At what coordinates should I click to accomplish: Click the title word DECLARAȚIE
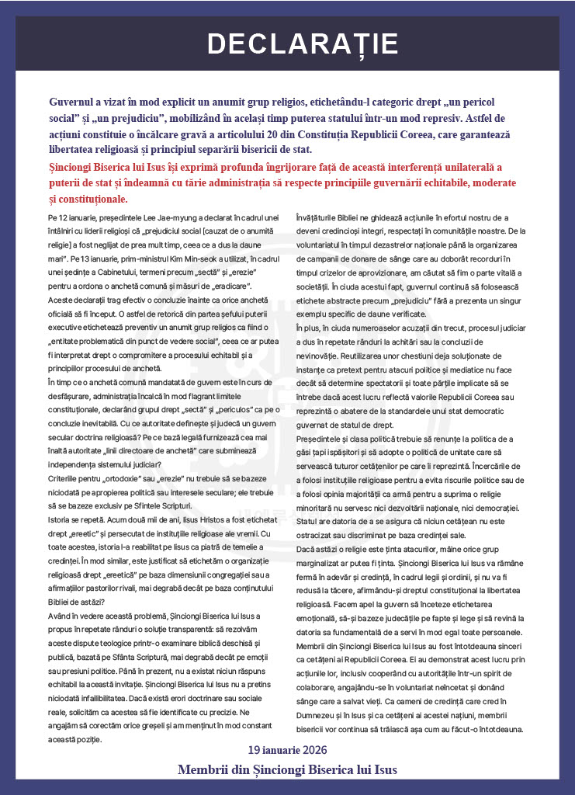pos(287,43)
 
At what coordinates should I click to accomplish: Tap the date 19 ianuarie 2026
pos(287,750)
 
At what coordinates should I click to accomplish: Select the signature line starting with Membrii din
pos(287,769)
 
